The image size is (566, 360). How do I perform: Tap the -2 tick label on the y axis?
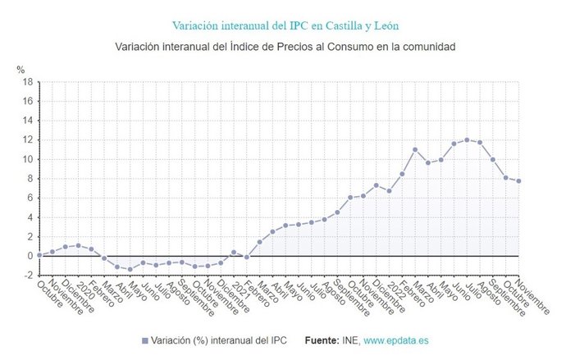point(26,275)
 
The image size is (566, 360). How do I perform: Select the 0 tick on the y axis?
point(29,256)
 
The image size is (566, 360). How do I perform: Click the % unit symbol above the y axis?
point(21,70)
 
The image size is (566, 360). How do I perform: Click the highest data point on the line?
point(467,139)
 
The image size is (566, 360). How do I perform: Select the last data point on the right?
point(518,181)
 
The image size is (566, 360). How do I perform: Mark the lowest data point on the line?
point(130,269)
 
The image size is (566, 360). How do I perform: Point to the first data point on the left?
point(39,254)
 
